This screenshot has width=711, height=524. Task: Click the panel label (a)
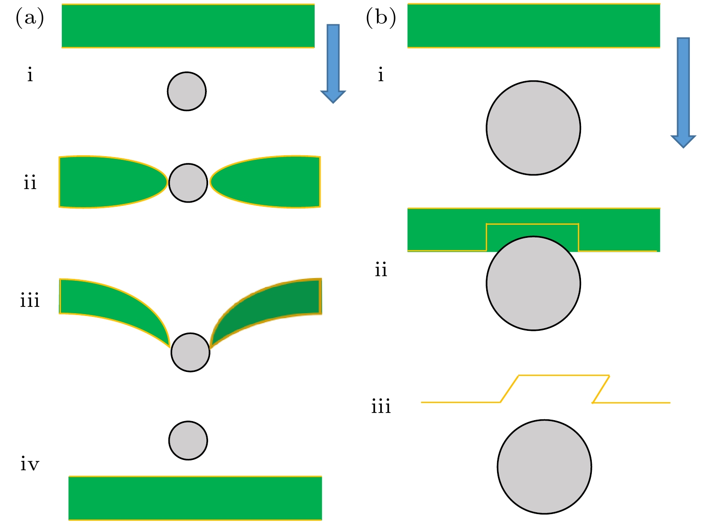point(30,19)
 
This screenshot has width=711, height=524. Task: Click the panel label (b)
point(381,19)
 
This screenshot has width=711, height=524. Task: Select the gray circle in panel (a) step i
point(187,91)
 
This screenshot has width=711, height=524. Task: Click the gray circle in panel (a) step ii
point(188,183)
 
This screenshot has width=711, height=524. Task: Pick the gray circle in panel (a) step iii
point(191,352)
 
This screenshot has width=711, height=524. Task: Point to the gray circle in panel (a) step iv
point(188,441)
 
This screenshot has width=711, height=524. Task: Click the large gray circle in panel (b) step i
point(533,128)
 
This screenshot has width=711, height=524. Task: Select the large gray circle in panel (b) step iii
point(544,467)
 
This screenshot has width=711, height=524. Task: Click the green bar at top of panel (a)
point(188,26)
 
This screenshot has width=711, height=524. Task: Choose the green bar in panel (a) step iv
point(195,498)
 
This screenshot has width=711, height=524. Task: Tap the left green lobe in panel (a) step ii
point(104,182)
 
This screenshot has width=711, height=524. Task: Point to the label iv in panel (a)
point(30,464)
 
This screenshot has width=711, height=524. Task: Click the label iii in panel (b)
point(381,407)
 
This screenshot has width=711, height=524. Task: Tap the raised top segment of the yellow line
point(564,375)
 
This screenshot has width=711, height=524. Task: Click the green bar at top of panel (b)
point(534,26)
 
